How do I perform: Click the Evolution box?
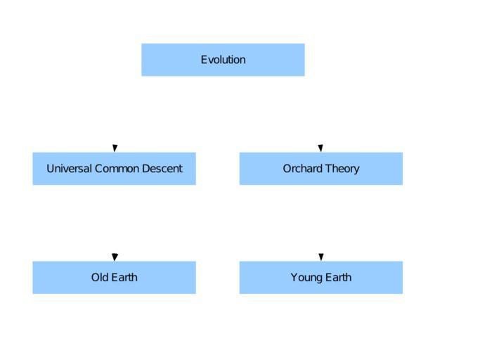223,60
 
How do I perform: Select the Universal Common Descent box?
114,169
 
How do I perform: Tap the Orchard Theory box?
320,169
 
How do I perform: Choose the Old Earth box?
114,278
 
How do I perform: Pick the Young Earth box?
320,278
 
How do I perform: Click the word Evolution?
223,60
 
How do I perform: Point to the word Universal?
70,169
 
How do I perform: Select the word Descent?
162,169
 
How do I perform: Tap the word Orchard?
303,169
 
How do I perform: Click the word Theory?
342,169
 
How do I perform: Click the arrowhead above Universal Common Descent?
115,148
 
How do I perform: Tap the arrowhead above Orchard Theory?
320,148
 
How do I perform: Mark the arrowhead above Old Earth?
115,257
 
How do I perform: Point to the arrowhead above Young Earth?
320,257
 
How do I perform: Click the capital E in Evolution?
204,60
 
